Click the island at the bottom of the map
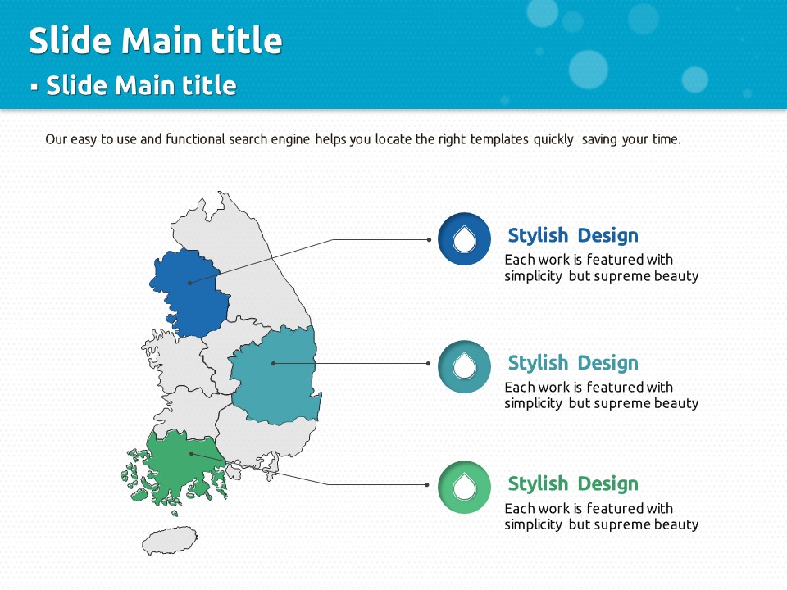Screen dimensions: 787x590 (x=169, y=540)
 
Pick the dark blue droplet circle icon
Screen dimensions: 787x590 (x=464, y=238)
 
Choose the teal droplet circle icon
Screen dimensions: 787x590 (x=464, y=367)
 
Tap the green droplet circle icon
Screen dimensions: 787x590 (x=464, y=487)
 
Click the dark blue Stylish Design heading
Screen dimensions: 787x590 (x=573, y=235)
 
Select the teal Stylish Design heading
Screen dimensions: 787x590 (x=573, y=363)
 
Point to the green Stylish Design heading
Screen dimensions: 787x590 (x=573, y=483)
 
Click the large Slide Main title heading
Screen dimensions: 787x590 (x=156, y=40)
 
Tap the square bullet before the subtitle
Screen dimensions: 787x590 (x=34, y=87)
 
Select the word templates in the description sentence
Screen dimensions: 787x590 (x=499, y=139)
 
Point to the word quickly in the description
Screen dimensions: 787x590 (x=553, y=139)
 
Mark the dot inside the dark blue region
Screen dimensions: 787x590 (x=189, y=283)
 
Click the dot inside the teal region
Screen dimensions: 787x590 (x=273, y=363)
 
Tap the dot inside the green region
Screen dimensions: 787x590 (x=192, y=453)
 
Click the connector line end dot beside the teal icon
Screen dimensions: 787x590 (x=428, y=363)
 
